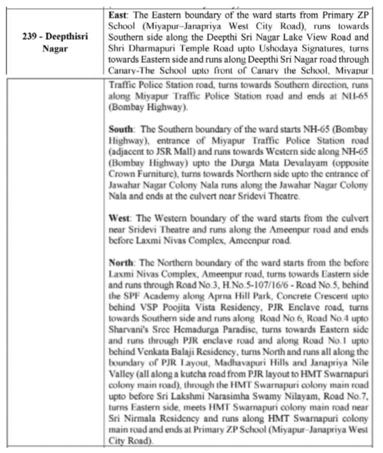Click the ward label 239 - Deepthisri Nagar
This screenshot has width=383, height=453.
(x=55, y=43)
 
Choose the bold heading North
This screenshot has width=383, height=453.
(x=121, y=261)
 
